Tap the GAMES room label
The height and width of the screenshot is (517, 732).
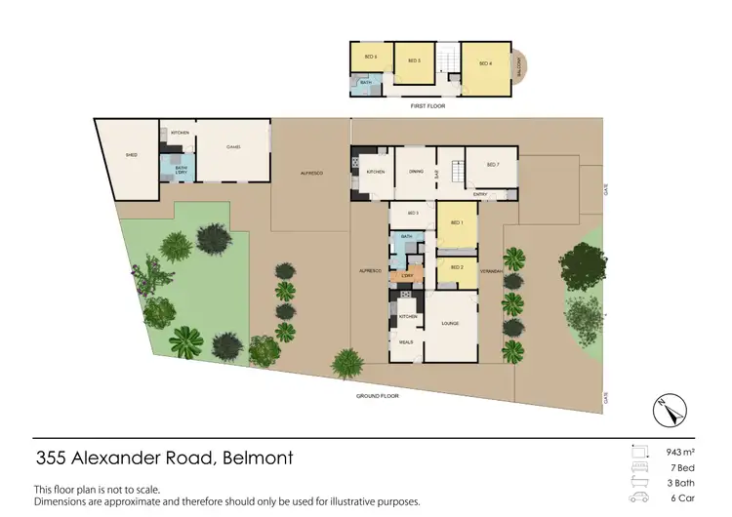click(233, 147)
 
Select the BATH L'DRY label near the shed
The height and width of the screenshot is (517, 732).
click(181, 170)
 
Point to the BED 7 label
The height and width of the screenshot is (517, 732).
click(492, 164)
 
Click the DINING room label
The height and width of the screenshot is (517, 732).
click(414, 171)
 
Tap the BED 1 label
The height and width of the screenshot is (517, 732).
click(456, 222)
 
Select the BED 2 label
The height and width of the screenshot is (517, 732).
click(456, 266)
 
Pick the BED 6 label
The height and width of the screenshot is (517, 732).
click(370, 57)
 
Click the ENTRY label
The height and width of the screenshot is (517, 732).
click(479, 194)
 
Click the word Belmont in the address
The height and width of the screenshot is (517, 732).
click(258, 457)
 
